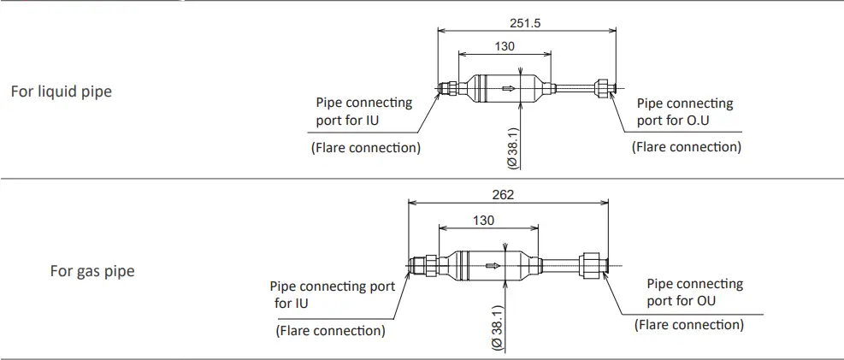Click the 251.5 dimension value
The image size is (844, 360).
pyautogui.click(x=526, y=23)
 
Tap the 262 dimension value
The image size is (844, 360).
pyautogui.click(x=504, y=195)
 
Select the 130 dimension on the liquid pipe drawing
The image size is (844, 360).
pyautogui.click(x=505, y=46)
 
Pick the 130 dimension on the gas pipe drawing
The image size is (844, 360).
pyautogui.click(x=483, y=221)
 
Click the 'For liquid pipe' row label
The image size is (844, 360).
pyautogui.click(x=61, y=91)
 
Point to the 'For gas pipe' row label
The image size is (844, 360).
pyautogui.click(x=91, y=272)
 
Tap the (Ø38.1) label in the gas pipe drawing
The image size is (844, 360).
pyautogui.click(x=496, y=327)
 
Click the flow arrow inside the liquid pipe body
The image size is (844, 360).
pyautogui.click(x=510, y=87)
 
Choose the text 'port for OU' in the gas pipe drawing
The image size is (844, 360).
pyautogui.click(x=681, y=300)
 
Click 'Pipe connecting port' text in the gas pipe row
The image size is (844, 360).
pyautogui.click(x=333, y=286)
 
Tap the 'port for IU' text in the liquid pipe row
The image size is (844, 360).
pyautogui.click(x=350, y=119)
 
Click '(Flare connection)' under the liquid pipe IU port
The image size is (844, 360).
pyautogui.click(x=364, y=147)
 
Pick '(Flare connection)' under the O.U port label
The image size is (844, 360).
pyautogui.click(x=686, y=146)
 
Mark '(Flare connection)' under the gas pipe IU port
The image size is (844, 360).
pyautogui.click(x=330, y=330)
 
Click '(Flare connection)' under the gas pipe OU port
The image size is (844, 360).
pyautogui.click(x=688, y=324)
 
